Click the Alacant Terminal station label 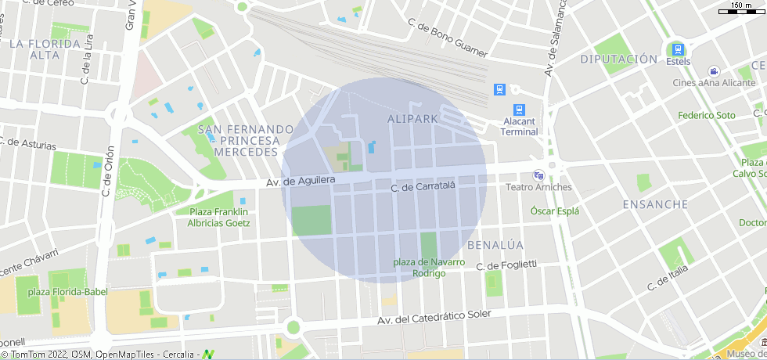coord(520,126)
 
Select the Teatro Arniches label coord(538,187)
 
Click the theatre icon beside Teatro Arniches coord(538,175)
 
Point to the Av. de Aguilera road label coord(301,181)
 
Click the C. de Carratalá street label coord(423,185)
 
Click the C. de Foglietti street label coord(507,265)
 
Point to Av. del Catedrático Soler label coord(434,317)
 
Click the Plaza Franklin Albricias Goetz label coord(218,217)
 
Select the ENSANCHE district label coord(654,204)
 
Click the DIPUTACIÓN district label coord(618,59)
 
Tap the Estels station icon coord(678,49)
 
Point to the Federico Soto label coord(707,115)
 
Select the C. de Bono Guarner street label coord(448,39)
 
